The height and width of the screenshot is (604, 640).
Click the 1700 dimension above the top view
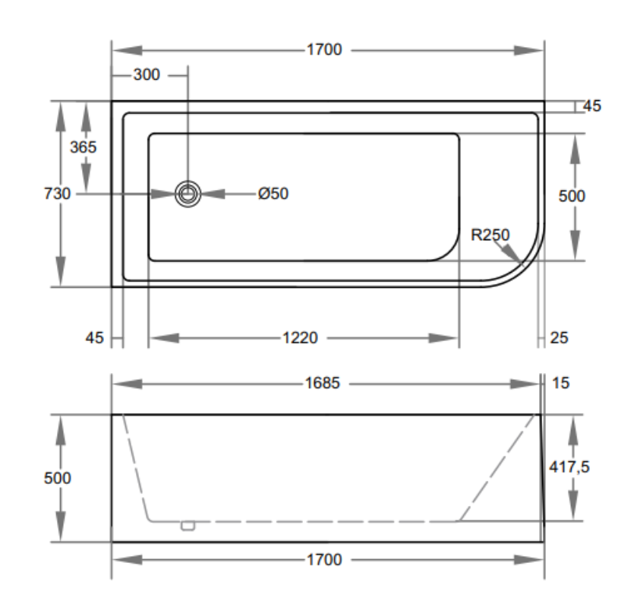click(x=324, y=50)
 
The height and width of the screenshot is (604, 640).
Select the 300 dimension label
click(x=147, y=74)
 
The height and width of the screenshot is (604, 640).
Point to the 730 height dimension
click(x=58, y=194)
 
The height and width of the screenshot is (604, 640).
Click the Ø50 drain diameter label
click(x=273, y=194)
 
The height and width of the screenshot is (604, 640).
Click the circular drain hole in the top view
click(x=187, y=194)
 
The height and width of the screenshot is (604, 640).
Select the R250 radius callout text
click(x=490, y=235)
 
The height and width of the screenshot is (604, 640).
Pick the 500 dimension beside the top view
click(x=572, y=196)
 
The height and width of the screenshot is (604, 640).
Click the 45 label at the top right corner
click(x=592, y=106)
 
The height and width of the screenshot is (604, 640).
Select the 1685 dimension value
click(x=323, y=384)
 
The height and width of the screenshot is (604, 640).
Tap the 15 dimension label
click(x=560, y=384)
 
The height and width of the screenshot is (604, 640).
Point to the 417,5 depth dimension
click(x=574, y=467)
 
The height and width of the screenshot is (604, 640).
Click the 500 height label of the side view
click(x=58, y=479)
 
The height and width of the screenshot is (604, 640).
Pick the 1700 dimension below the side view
click(x=324, y=560)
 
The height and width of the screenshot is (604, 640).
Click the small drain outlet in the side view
click(x=188, y=524)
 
